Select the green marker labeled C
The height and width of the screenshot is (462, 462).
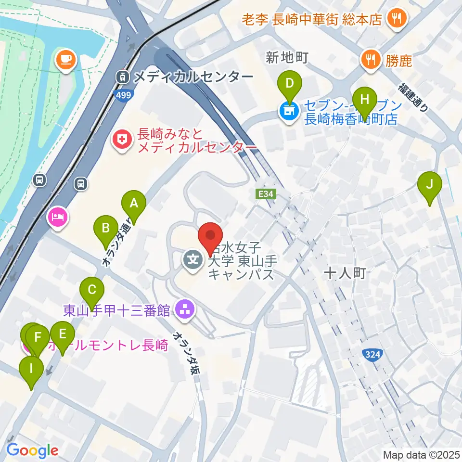92,291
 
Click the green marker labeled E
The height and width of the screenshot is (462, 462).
62,335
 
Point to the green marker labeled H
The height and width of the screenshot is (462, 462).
365,101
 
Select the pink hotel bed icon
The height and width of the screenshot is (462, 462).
58,216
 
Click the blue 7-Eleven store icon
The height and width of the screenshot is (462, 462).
289,112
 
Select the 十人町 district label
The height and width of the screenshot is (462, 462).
345,273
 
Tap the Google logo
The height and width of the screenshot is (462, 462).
32,450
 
